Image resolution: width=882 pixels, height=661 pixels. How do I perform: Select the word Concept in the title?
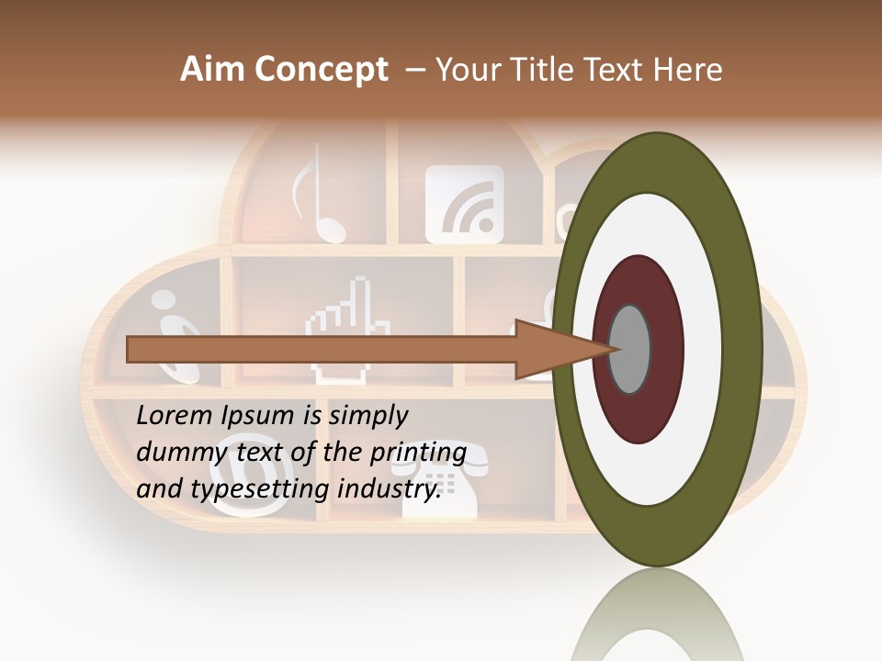coord(321,70)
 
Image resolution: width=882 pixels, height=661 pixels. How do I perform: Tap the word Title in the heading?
coord(545,70)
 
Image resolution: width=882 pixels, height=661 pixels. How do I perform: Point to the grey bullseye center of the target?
coord(630,349)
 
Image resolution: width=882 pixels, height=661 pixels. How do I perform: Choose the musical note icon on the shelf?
coord(312,197)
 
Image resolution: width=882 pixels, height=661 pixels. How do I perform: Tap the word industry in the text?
coord(389,489)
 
